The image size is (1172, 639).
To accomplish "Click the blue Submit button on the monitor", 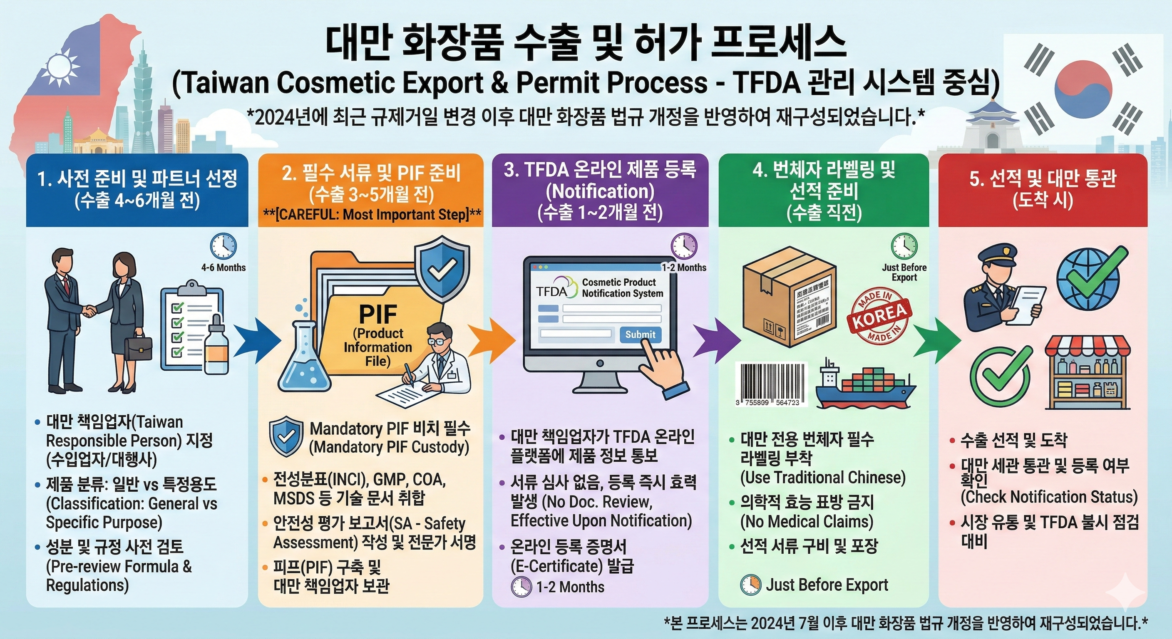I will pos(640,335).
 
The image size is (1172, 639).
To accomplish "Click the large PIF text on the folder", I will pos(377,313).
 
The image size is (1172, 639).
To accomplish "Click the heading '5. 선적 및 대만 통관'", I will pos(1043,178).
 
